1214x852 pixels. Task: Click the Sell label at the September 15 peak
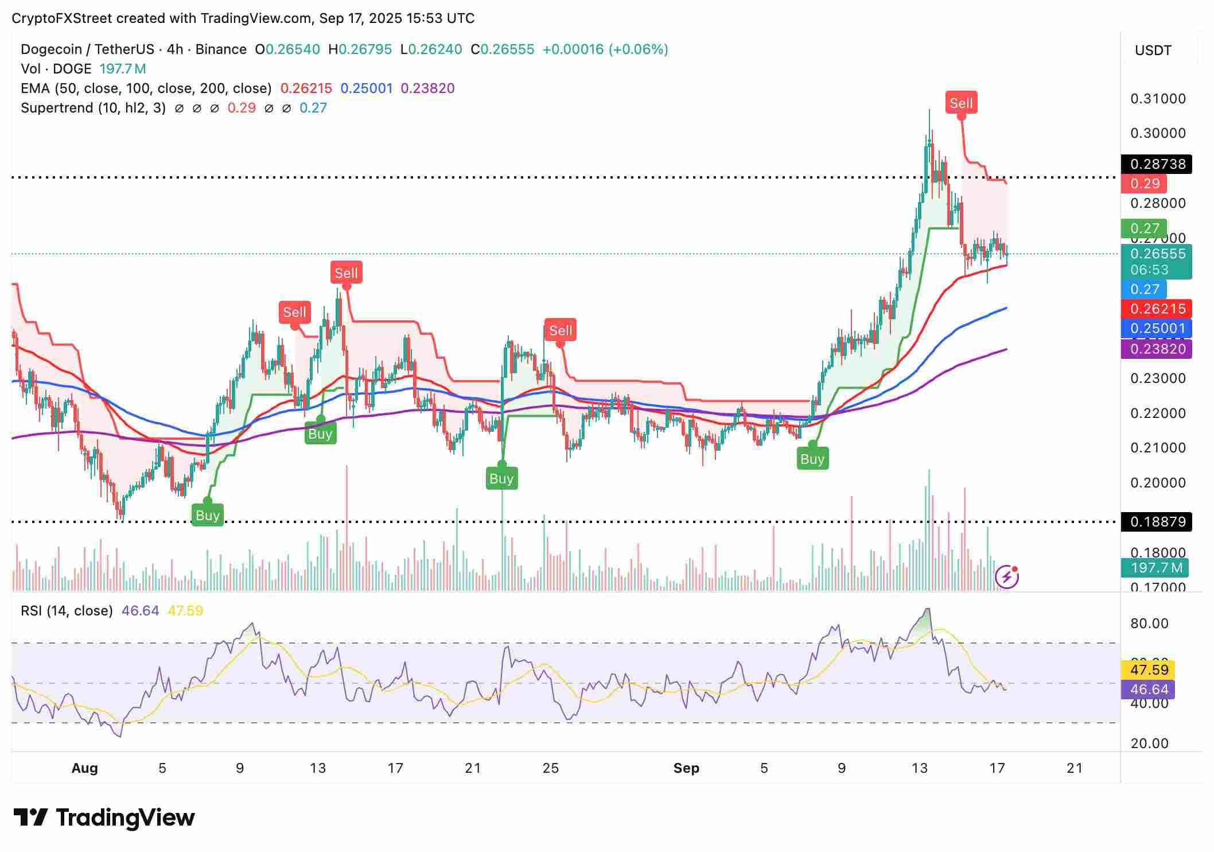(961, 103)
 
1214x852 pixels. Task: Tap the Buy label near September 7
(812, 459)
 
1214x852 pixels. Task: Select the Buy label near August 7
(207, 515)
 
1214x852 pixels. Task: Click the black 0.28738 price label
(1157, 164)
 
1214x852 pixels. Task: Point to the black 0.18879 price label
(1157, 522)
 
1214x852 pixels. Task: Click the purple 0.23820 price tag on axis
(1157, 349)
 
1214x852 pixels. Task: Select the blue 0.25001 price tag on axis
(1157, 328)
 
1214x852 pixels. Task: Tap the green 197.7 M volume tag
(1156, 568)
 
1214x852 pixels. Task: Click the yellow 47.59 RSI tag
(1149, 670)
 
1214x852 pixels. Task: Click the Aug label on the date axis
(84, 768)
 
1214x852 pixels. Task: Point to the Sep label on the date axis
(686, 768)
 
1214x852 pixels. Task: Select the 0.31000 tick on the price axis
(1158, 99)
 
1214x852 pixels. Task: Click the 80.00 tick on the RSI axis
(1149, 623)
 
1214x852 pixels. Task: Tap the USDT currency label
(1153, 51)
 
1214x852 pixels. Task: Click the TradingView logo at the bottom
(104, 818)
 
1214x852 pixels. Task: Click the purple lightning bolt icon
(1007, 577)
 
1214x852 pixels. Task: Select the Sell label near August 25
(561, 330)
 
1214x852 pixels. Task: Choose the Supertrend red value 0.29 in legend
(242, 108)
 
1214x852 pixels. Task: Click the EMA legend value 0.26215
(306, 88)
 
